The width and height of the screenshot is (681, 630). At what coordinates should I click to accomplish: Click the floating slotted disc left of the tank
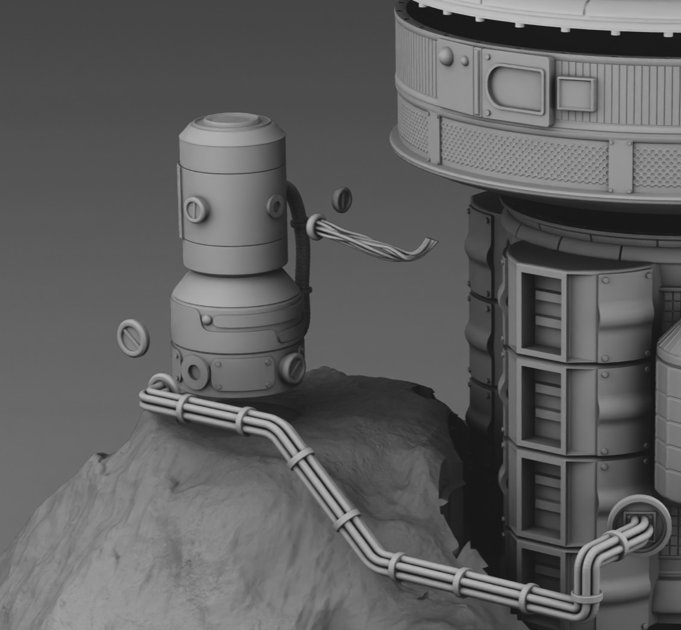click(x=133, y=338)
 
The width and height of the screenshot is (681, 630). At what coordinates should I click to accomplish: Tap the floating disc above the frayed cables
click(x=342, y=200)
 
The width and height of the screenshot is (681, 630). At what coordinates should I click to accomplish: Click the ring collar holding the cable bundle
click(x=316, y=227)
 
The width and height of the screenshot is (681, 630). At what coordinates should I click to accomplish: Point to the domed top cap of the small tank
click(x=232, y=123)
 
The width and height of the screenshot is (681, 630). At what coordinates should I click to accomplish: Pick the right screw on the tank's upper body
click(x=276, y=206)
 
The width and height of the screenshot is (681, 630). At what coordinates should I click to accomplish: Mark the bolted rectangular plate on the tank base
click(x=241, y=374)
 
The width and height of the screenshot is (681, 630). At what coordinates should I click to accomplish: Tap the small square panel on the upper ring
click(x=576, y=94)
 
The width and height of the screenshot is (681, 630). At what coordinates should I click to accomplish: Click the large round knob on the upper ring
click(x=446, y=57)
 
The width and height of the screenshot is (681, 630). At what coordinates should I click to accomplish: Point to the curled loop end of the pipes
click(x=160, y=383)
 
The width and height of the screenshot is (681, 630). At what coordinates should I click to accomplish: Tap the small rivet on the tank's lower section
click(x=207, y=319)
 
